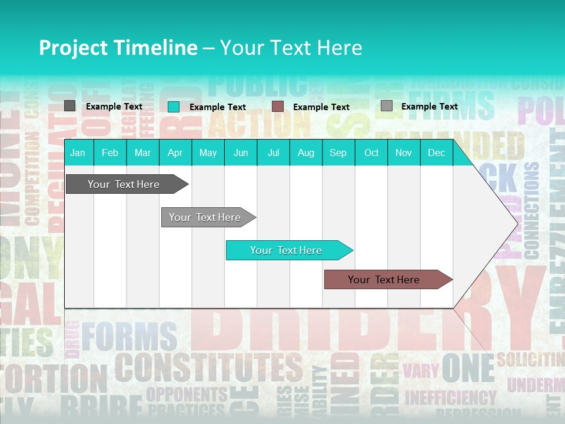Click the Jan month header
click(78, 153)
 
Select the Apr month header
click(175, 153)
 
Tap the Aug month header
click(306, 153)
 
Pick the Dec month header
click(437, 153)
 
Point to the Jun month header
click(241, 153)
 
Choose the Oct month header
click(371, 153)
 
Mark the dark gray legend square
click(70, 106)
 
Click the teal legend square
click(174, 107)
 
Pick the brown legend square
click(278, 107)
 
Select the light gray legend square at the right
click(387, 106)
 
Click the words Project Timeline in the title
click(118, 48)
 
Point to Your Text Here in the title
click(291, 48)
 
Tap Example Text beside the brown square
click(321, 107)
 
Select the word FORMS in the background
click(129, 337)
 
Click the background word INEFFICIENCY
click(450, 397)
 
